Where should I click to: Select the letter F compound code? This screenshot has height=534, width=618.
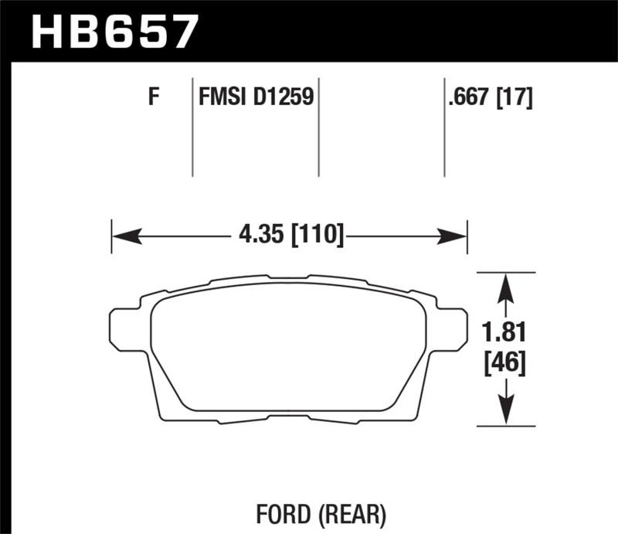(x=153, y=98)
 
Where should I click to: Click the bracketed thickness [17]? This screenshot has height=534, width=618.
(x=515, y=98)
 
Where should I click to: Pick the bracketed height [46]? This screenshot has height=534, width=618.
(x=506, y=362)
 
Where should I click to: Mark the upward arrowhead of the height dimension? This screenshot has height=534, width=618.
(x=505, y=287)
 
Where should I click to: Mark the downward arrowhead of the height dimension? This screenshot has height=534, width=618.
(x=505, y=410)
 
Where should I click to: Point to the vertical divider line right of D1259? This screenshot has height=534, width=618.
(x=319, y=128)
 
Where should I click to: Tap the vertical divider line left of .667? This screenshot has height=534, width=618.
(x=444, y=128)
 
